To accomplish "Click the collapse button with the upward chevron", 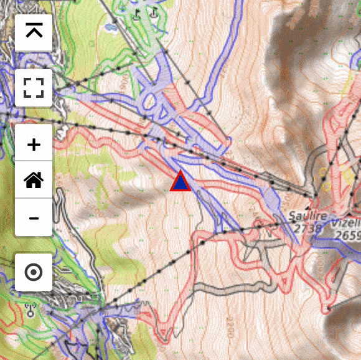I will [x=34, y=31].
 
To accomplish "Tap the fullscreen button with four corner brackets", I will [x=34, y=88].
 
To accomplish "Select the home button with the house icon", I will [x=34, y=181].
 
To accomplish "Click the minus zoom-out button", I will [x=34, y=218].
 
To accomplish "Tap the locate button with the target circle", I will [x=34, y=272].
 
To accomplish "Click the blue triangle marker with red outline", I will [x=180, y=181].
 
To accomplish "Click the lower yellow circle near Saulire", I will [x=324, y=184].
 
